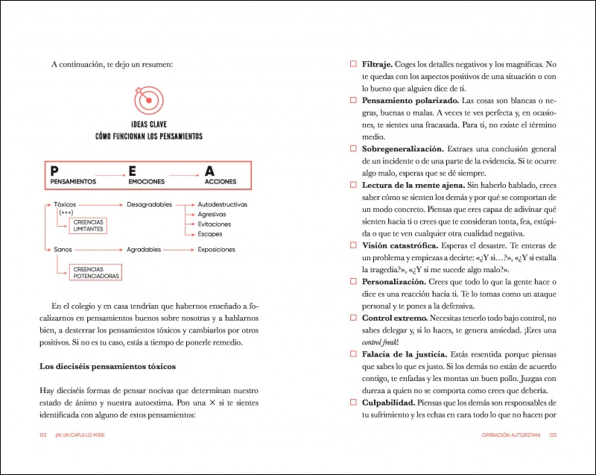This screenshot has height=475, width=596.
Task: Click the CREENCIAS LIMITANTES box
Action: tap(88, 226)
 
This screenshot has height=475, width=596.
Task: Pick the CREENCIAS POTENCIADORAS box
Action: tap(95, 271)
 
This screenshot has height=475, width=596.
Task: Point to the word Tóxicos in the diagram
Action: tap(65, 204)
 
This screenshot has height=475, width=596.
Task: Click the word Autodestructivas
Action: tap(222, 204)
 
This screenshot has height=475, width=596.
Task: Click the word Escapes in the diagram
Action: tap(210, 235)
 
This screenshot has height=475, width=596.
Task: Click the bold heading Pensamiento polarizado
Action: tap(409, 101)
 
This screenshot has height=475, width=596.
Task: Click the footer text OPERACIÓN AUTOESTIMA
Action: tap(506, 435)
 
